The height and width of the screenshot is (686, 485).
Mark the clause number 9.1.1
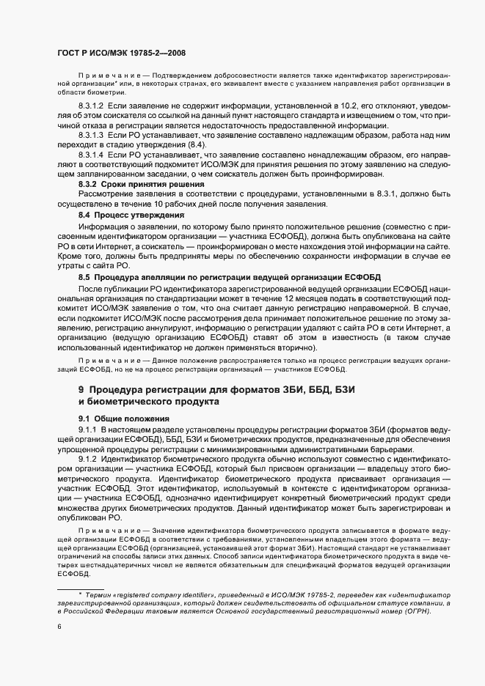pyautogui.click(x=87, y=427)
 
